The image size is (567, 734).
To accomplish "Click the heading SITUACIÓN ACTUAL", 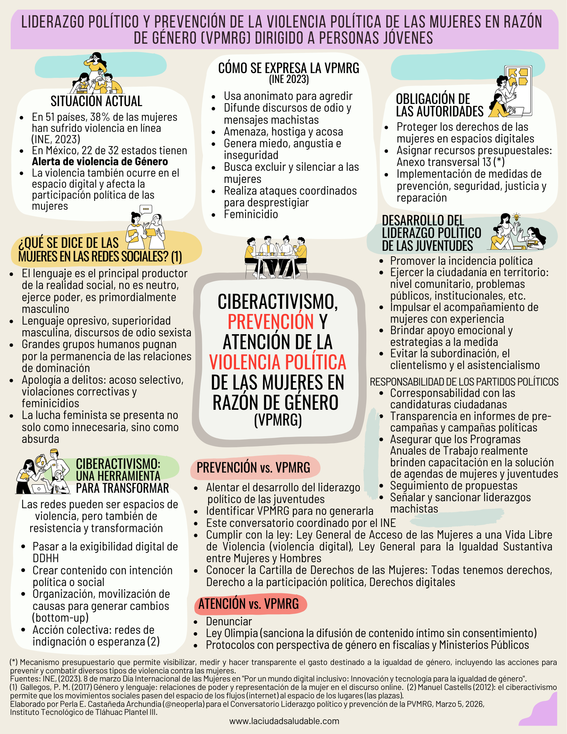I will tap(96, 101).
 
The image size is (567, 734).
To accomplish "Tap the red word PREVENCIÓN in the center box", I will tap(270, 322).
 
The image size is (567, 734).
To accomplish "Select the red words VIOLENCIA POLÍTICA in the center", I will tap(277, 362).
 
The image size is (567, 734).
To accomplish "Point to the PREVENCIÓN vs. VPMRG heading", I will tap(253, 468).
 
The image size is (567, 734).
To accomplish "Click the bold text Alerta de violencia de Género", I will tap(100, 162).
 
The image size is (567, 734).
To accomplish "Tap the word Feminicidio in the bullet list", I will tap(251, 214).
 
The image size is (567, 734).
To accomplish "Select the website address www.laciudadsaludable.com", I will tap(284, 721).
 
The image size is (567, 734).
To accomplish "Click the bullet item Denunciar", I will tap(229, 621).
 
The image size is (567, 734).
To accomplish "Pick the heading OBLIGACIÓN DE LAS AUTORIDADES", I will tap(439, 105).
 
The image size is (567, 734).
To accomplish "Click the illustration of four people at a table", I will tap(276, 257).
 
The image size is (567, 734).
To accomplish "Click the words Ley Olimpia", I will tap(232, 633).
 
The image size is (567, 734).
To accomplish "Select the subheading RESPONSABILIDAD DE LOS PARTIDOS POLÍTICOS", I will tap(464, 382).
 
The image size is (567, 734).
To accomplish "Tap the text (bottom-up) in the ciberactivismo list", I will tap(61, 618).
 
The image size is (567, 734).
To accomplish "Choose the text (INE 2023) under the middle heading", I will tap(289, 79).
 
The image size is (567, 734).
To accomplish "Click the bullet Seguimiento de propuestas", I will tap(454, 486).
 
